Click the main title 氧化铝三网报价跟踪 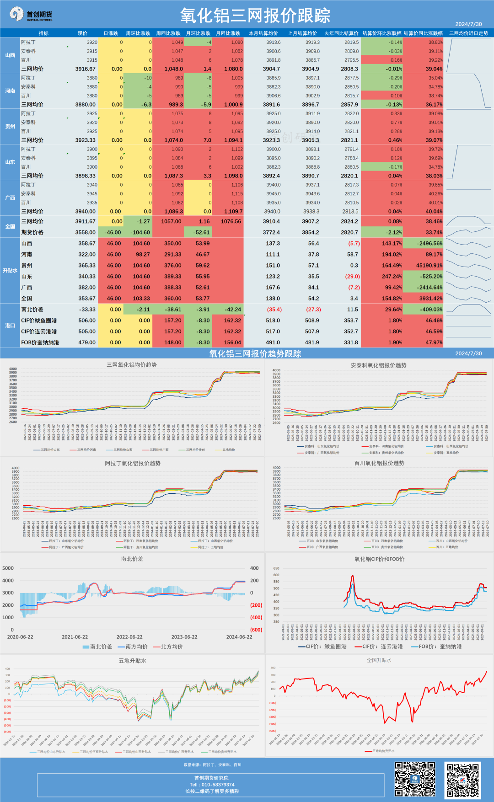[255, 16]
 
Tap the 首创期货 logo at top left [31, 15]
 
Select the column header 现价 [82, 33]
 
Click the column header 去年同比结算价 [341, 33]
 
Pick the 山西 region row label [10, 55]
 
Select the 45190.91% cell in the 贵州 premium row [423, 265]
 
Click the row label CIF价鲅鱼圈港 [39, 321]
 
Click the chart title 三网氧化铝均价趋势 [132, 365]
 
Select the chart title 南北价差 [132, 559]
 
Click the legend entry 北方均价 [172, 647]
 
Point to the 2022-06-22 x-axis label [129, 637]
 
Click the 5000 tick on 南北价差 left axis [8, 568]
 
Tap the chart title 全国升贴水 [379, 660]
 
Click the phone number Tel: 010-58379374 [212, 785]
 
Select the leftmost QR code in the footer [415, 780]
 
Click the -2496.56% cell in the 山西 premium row [423, 244]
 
